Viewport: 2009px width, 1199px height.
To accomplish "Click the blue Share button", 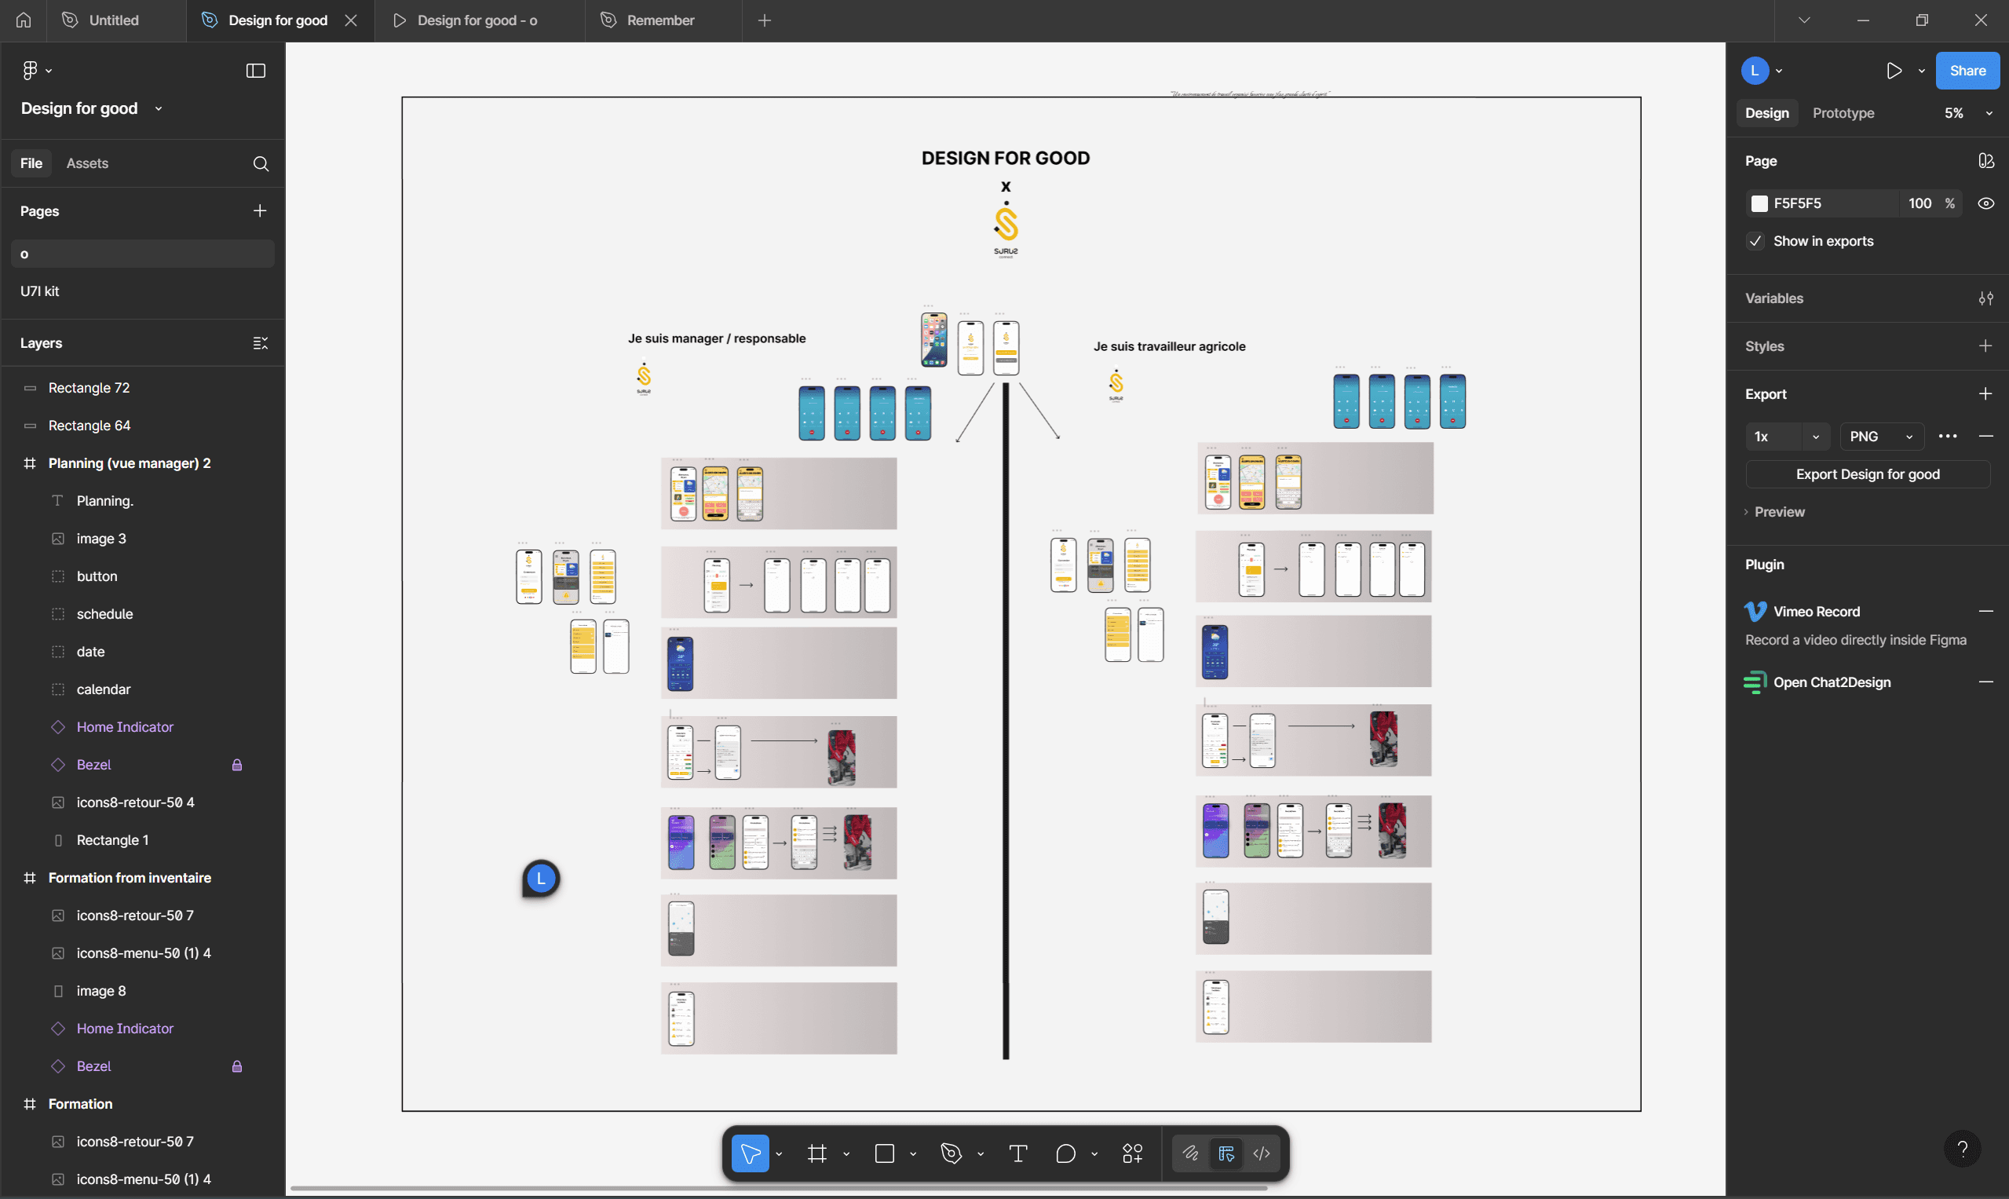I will pyautogui.click(x=1966, y=71).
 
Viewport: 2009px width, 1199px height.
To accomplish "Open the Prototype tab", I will pyautogui.click(x=1843, y=113).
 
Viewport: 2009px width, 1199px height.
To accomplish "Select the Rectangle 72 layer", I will pyautogui.click(x=89, y=388).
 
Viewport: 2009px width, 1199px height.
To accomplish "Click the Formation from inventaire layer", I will pyautogui.click(x=130, y=877).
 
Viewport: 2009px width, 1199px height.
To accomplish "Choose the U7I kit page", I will pyautogui.click(x=40, y=291).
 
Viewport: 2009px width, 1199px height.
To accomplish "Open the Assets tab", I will pyautogui.click(x=87, y=163).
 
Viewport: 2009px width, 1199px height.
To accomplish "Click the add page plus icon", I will pyautogui.click(x=259, y=211).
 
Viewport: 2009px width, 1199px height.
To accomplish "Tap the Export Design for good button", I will pyautogui.click(x=1867, y=474).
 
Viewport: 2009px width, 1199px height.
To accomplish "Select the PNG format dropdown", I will pyautogui.click(x=1880, y=437).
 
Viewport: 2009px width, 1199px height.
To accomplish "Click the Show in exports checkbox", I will pyautogui.click(x=1755, y=241).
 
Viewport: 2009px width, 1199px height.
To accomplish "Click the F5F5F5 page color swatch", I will pyautogui.click(x=1759, y=203).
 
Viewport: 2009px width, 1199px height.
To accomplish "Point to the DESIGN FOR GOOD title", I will pyautogui.click(x=1005, y=159).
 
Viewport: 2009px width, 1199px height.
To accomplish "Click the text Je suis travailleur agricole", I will pyautogui.click(x=1169, y=346).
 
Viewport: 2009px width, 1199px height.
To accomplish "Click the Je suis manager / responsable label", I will pyautogui.click(x=717, y=338).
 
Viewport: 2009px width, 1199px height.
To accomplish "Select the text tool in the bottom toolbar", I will pyautogui.click(x=1017, y=1153).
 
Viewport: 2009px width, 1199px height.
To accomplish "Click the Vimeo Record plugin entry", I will pyautogui.click(x=1816, y=612).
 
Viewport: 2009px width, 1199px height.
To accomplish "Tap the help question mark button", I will pyautogui.click(x=1961, y=1148).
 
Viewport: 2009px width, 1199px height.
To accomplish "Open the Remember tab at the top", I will pyautogui.click(x=660, y=20).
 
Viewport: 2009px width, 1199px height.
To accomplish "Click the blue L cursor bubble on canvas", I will pyautogui.click(x=541, y=878).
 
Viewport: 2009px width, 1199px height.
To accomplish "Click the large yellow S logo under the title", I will pyautogui.click(x=1006, y=224).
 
